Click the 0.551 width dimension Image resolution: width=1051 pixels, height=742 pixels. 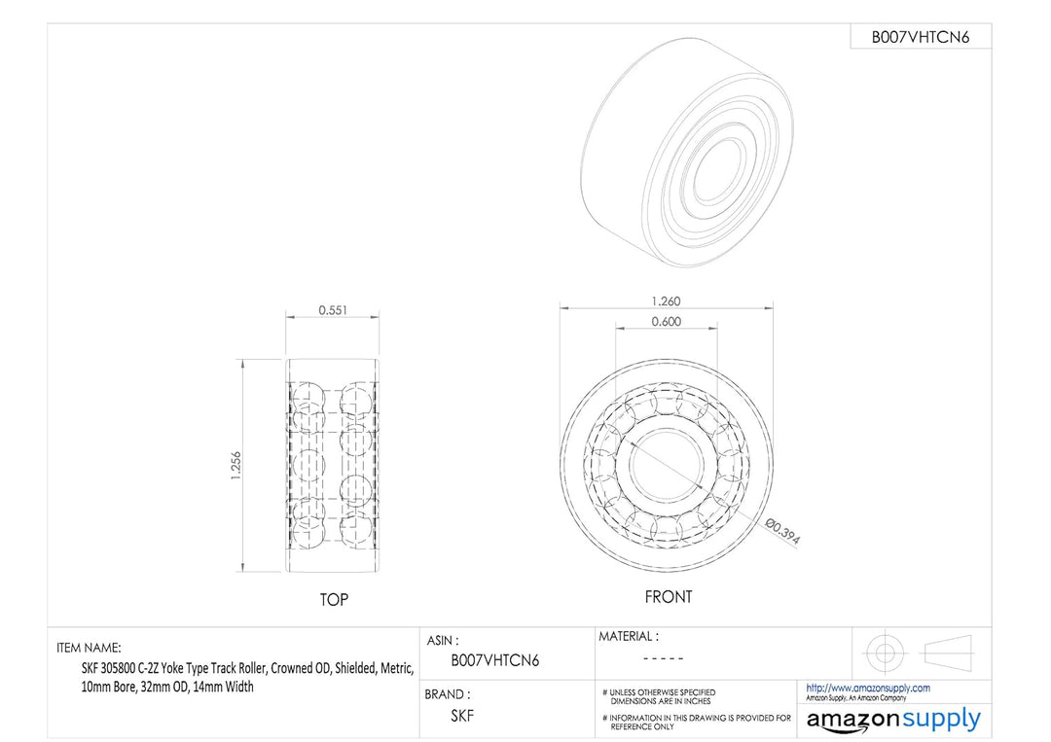(x=333, y=311)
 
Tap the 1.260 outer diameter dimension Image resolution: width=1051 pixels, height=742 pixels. (x=666, y=301)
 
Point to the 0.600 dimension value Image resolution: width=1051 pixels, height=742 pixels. (x=666, y=322)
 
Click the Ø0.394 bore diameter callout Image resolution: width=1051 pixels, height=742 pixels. (x=782, y=534)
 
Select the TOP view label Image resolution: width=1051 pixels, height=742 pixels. (x=334, y=600)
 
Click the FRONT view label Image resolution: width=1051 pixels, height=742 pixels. (x=669, y=597)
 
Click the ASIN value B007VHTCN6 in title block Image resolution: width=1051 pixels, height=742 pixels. (x=495, y=661)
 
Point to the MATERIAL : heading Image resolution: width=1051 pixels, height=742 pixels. (x=628, y=637)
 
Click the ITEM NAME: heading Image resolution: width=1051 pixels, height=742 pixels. (x=90, y=648)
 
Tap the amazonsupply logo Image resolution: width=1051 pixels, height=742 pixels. (x=893, y=721)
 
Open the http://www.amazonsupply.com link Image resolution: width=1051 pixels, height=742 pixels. (x=868, y=688)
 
